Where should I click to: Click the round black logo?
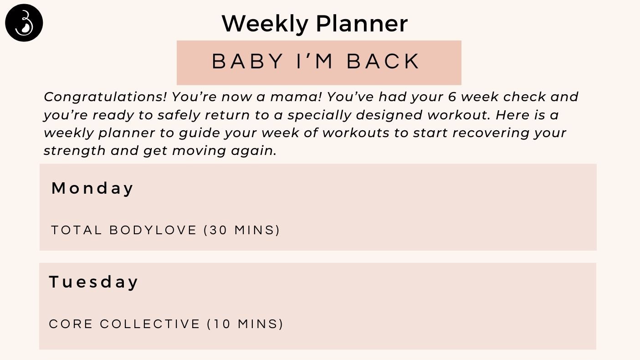tap(24, 23)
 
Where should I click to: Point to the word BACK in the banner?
tap(384, 62)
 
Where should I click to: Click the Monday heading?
tap(92, 188)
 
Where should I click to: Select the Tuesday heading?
tap(93, 282)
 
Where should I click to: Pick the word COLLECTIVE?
tap(150, 324)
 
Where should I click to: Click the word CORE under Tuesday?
tap(70, 324)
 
